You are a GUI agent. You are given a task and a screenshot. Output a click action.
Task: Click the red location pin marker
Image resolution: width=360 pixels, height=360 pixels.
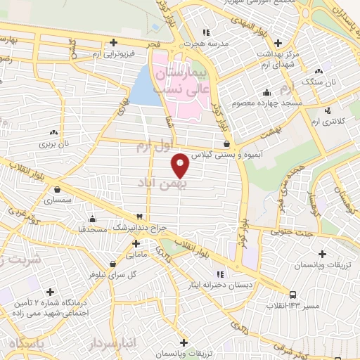(181, 164)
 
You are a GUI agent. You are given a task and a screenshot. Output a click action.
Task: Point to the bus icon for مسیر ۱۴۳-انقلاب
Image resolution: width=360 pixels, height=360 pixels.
(292, 295)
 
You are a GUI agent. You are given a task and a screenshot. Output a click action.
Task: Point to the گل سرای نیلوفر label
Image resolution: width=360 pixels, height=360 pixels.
(120, 275)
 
